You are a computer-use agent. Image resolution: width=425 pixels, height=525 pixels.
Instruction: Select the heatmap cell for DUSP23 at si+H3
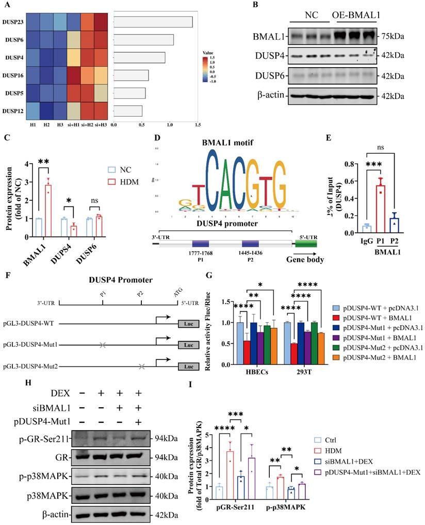[x=101, y=21]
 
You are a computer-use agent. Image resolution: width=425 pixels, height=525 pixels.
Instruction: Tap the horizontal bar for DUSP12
[x=127, y=110]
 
